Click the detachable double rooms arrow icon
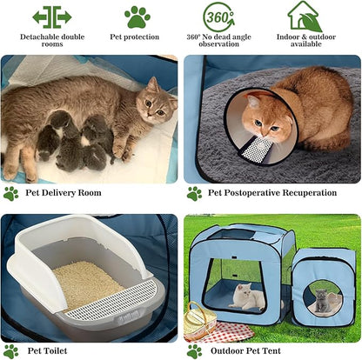[x=51, y=16]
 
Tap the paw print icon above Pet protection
[x=137, y=16]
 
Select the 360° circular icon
[x=218, y=16]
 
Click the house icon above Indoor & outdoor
[x=305, y=16]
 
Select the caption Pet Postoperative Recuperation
[x=271, y=193]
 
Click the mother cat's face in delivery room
[x=157, y=102]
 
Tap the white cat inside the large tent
[x=247, y=298]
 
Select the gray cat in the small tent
[x=323, y=302]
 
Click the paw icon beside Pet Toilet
[x=10, y=350]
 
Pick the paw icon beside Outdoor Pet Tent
[x=194, y=350]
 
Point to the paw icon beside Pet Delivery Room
[x=10, y=193]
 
